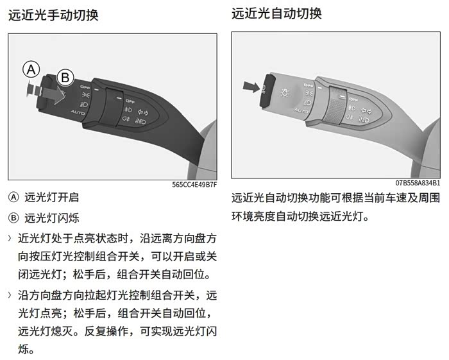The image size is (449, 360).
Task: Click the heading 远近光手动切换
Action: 53,15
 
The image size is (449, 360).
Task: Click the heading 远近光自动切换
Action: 276,13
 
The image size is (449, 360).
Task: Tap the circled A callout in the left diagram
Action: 31,69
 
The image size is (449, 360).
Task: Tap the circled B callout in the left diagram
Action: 65,78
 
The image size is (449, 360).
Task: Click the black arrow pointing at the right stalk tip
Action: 251,87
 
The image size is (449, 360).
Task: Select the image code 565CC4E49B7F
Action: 194,185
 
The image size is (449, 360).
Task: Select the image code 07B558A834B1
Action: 418,183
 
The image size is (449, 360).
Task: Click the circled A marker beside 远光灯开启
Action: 13,198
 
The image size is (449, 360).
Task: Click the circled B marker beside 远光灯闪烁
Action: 13,218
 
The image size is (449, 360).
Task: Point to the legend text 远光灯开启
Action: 51,198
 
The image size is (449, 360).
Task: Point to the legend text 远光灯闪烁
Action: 51,218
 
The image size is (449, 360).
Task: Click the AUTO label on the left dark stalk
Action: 78,112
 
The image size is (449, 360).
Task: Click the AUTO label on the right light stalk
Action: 301,110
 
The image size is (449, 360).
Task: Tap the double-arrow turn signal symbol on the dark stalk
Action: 143,112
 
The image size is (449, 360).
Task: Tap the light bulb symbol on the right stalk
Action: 285,93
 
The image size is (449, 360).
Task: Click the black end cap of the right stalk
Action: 267,90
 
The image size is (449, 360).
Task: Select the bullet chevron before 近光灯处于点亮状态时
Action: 10,238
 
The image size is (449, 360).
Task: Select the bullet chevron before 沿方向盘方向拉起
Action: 10,295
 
